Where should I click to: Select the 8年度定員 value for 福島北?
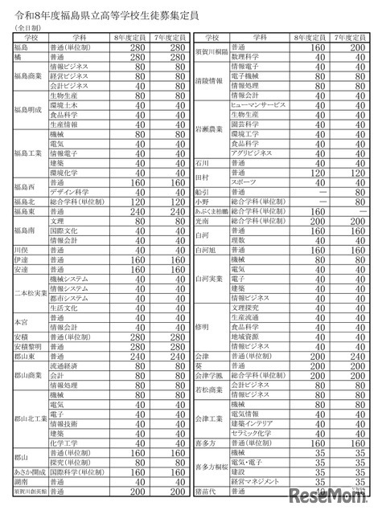click(x=121, y=202)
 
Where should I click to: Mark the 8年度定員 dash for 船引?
click(x=299, y=192)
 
